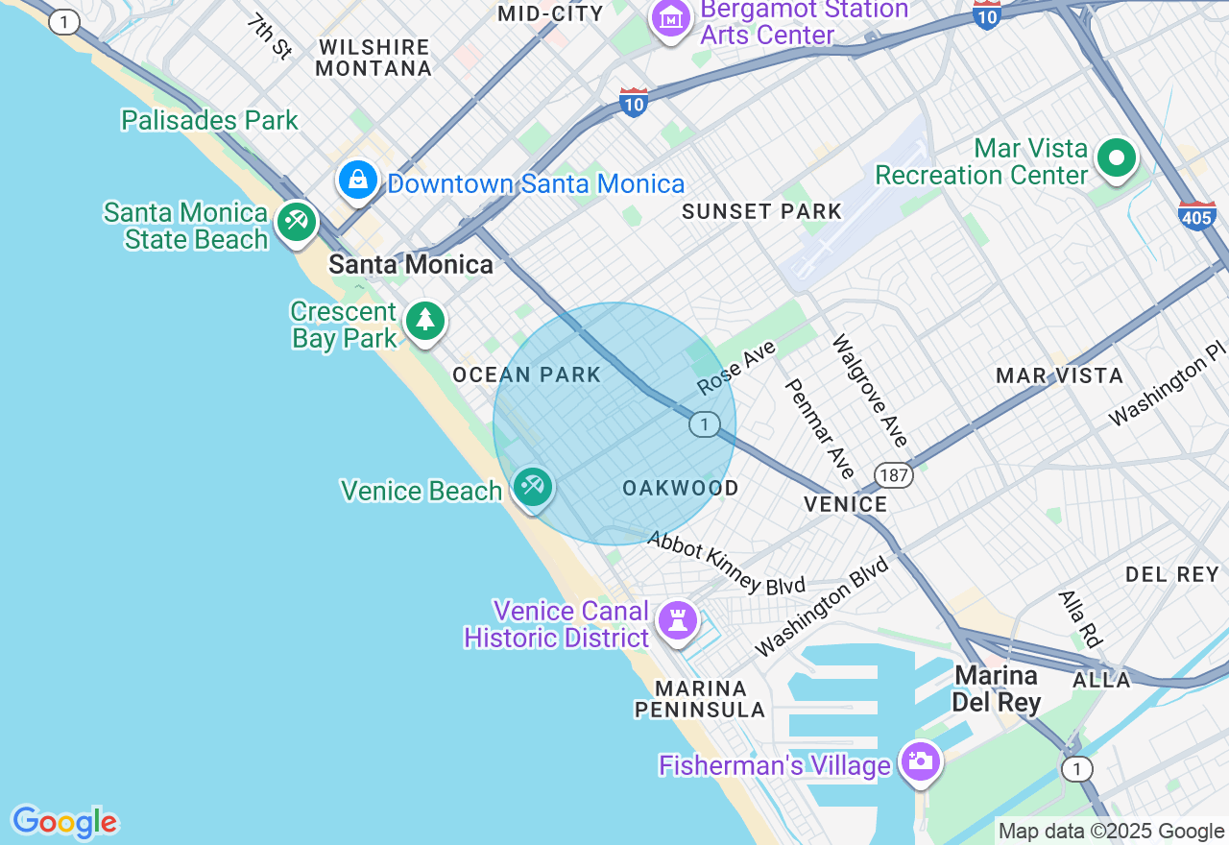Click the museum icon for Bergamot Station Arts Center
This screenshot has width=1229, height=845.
tap(670, 18)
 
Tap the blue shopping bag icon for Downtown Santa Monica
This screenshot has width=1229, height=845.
tap(358, 180)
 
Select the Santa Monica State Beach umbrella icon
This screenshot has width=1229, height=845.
tap(297, 223)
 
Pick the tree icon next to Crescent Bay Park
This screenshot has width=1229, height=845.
tap(424, 321)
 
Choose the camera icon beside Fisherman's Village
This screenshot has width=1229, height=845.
tap(920, 762)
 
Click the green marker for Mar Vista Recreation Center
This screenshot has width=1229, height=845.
tap(1116, 158)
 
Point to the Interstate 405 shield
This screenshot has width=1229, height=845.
tap(1196, 216)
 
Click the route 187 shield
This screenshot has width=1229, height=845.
tap(893, 474)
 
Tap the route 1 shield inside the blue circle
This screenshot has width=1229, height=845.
tap(704, 424)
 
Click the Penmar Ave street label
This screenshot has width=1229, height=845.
tap(819, 428)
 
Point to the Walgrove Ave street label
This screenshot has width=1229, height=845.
tap(869, 391)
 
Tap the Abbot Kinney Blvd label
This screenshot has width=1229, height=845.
tap(725, 564)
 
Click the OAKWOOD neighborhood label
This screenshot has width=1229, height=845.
tap(680, 489)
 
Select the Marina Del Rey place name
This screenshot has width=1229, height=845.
tap(996, 689)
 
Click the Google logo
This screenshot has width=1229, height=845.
tap(64, 822)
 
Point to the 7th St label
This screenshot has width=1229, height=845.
tap(269, 36)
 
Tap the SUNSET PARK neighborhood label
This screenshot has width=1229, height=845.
tap(761, 212)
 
